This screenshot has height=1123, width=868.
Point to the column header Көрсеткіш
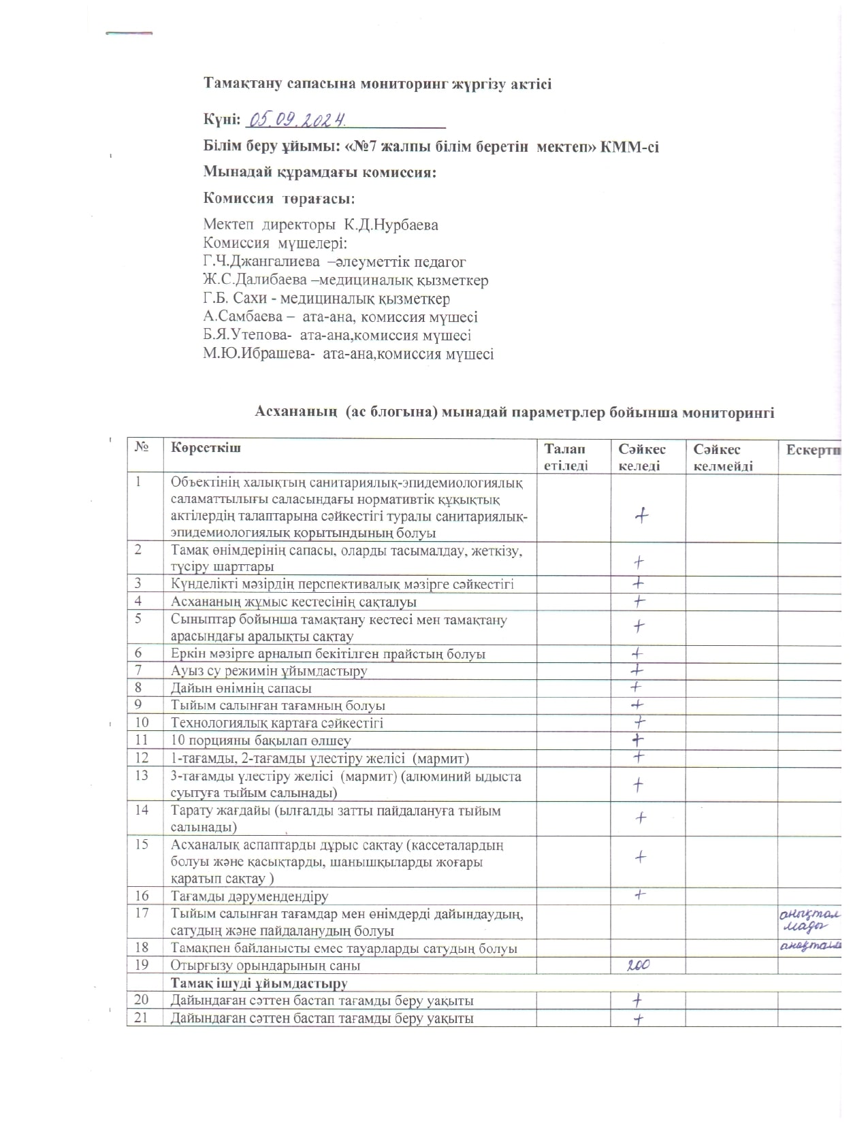coord(206,449)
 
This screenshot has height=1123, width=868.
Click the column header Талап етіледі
coord(564,457)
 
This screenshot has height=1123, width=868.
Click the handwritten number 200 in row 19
coord(639,964)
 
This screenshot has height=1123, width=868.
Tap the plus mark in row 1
coord(641,516)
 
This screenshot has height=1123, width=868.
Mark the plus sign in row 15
coord(640,858)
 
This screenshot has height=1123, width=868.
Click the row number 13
coord(142,776)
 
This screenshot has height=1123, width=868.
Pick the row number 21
coord(142,1018)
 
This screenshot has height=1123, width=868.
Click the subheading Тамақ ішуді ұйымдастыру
coord(259,983)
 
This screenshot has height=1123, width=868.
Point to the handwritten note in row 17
coord(809,919)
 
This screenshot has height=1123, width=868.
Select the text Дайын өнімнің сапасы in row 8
coord(242,688)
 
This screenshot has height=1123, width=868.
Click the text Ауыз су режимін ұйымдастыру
coord(269,670)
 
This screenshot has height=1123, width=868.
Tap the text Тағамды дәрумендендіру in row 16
coord(250,896)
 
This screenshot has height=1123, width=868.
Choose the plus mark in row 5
coord(639,625)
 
